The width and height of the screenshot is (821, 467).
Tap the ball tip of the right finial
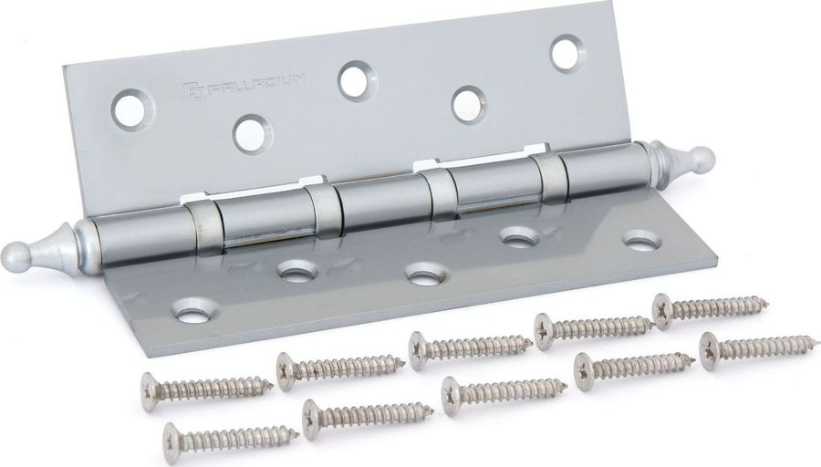coord(701,156)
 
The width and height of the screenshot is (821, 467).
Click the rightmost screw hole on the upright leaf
coord(568,52)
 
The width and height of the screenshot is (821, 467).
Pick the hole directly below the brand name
coord(254,132)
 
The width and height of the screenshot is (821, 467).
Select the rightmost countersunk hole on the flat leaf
coord(642,240)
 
